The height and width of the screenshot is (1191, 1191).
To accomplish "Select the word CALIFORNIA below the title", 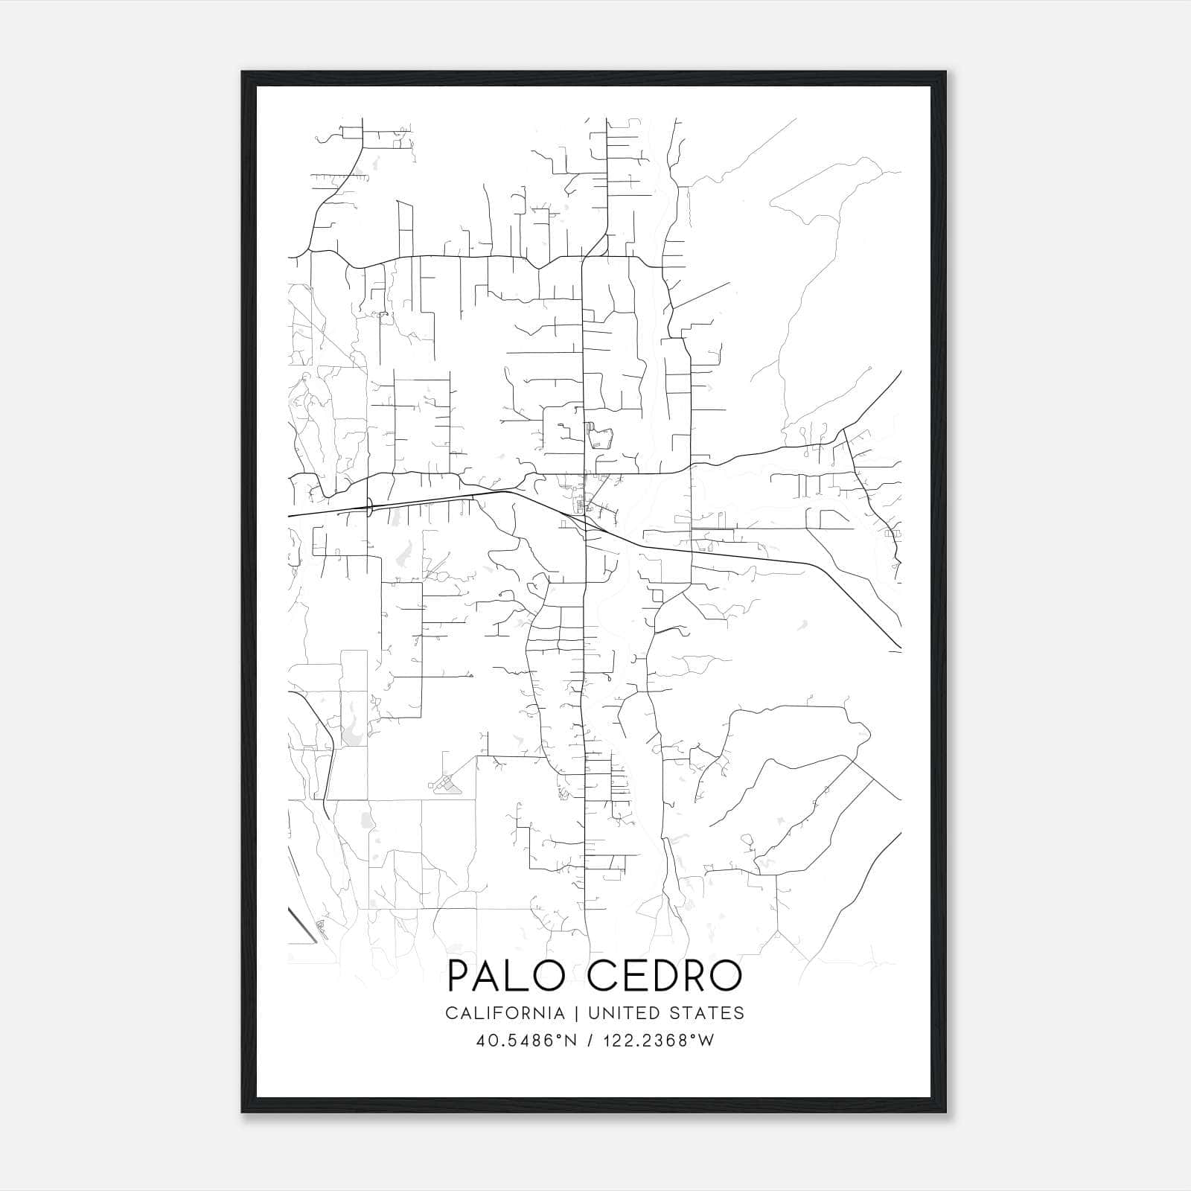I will [x=505, y=1013].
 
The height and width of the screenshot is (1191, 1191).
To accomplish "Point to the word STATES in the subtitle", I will [x=708, y=1013].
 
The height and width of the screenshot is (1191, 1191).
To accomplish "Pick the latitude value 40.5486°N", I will [x=527, y=1041].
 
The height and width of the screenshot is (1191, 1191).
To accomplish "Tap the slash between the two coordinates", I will [x=590, y=1041].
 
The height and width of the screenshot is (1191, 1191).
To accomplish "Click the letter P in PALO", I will [x=460, y=976].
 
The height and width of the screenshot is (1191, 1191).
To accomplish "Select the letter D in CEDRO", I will [x=662, y=976].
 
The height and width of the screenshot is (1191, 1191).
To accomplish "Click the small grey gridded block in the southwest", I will [x=444, y=783].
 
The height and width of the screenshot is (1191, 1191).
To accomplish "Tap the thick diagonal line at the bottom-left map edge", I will [x=302, y=925].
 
